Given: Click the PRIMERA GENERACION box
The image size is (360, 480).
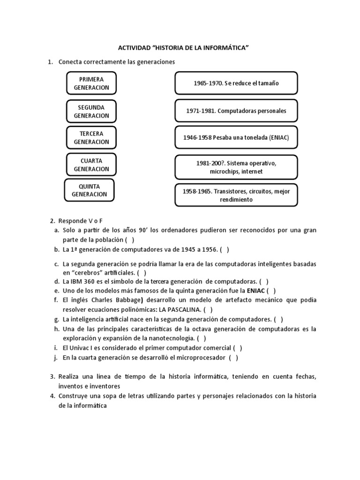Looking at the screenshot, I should pos(91,83).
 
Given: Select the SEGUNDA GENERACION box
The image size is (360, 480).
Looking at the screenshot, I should pos(91,112).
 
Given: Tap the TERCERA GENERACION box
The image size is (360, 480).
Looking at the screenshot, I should pos(91,138).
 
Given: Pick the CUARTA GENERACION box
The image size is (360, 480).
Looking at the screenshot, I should pos(91,165).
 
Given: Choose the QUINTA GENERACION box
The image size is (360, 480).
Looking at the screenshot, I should pos(90,190).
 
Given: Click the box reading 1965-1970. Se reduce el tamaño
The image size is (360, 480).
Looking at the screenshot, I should pos(236,83).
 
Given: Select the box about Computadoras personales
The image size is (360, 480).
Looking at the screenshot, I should pos(236,111).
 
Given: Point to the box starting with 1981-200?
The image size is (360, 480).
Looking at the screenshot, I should pos(236,167).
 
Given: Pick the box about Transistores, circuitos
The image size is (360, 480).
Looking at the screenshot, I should pos(236,195).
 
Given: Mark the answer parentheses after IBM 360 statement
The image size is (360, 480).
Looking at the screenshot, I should pos(264,282).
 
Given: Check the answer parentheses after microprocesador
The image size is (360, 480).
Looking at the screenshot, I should pos(233,358).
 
